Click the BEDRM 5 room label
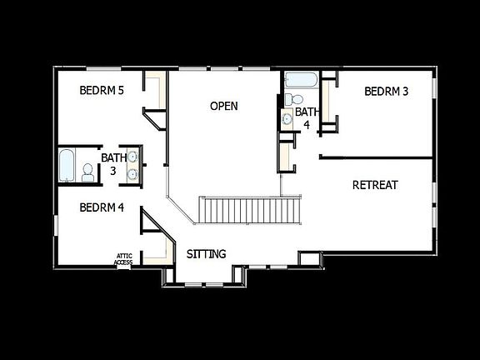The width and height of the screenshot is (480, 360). click(x=102, y=90)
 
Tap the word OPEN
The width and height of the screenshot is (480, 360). click(x=223, y=106)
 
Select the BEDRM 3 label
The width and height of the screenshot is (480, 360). click(x=387, y=91)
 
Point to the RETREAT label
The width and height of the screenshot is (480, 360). click(x=375, y=185)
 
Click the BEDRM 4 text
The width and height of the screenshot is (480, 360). click(x=102, y=207)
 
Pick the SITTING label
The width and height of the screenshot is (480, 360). click(x=206, y=253)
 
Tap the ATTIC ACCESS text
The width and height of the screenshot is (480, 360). click(x=123, y=260)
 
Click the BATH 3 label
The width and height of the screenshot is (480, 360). click(x=113, y=163)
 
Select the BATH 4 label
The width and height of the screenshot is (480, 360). click(x=307, y=117)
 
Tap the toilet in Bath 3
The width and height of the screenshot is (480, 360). click(x=87, y=172)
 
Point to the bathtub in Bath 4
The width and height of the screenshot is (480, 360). click(x=301, y=82)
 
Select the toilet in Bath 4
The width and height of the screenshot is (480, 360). click(x=288, y=100)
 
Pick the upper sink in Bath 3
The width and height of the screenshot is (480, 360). click(x=132, y=156)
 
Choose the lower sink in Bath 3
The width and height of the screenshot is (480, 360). click(x=132, y=173)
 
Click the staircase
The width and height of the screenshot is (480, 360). click(x=250, y=210)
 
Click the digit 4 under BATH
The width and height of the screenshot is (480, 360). click(x=307, y=124)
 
